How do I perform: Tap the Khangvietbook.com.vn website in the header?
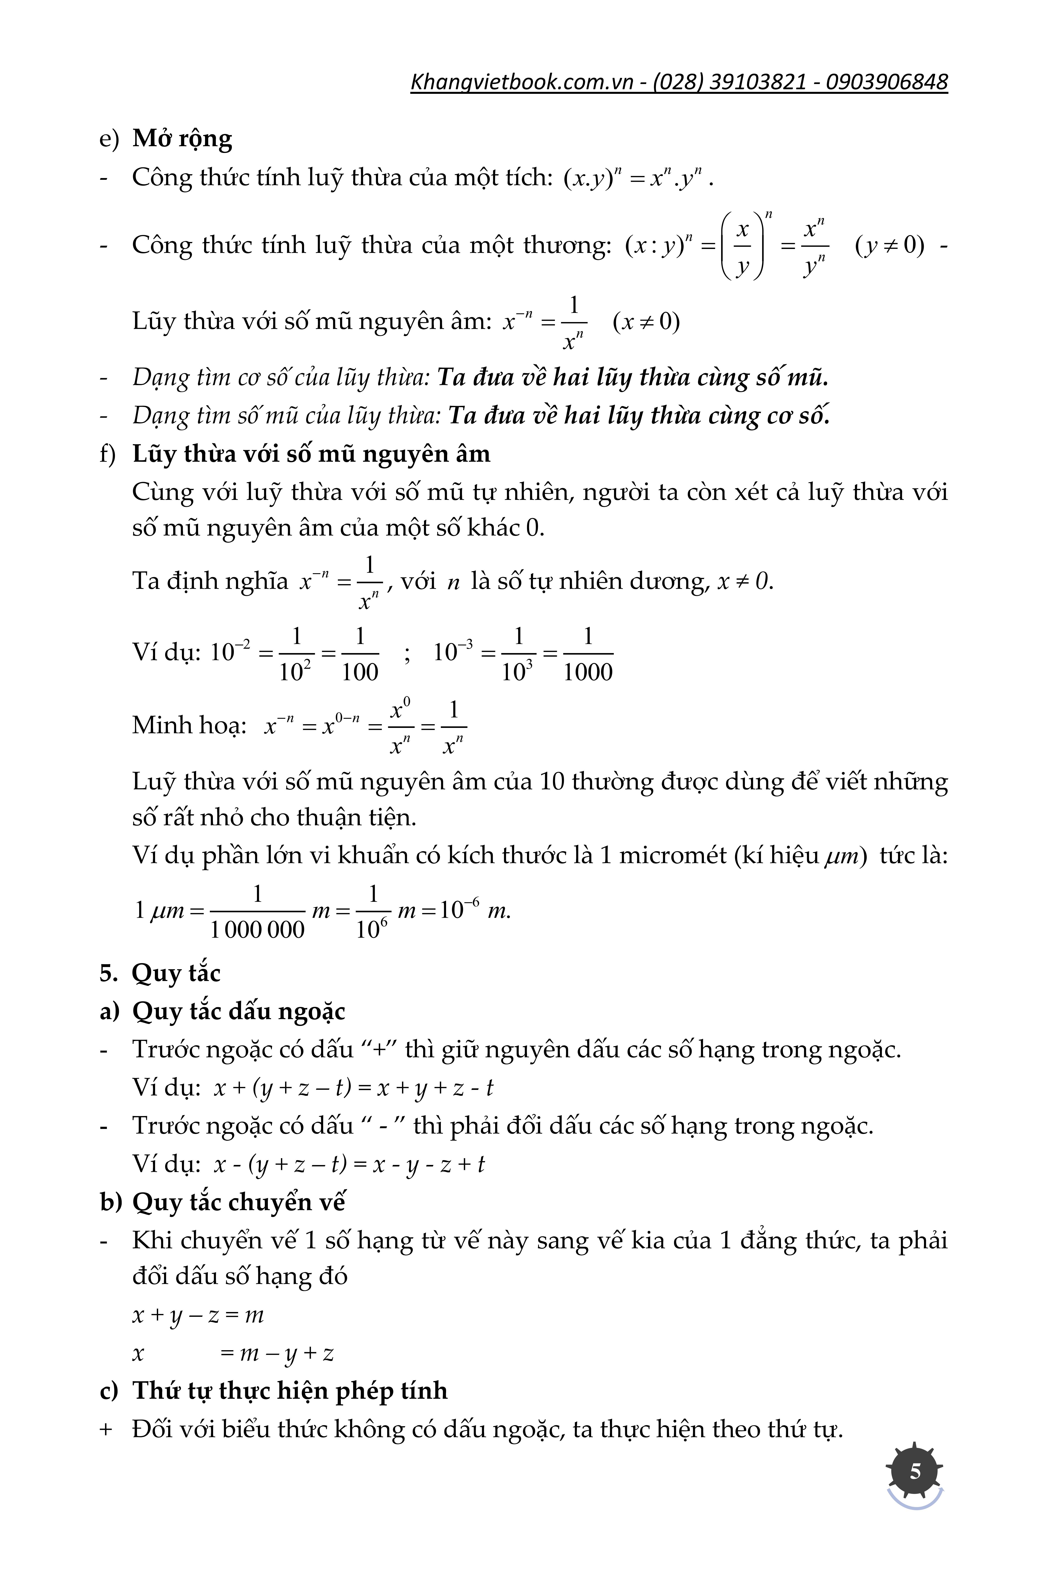tap(522, 82)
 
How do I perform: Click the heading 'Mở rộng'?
tap(182, 138)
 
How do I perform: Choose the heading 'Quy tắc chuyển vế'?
tap(238, 1202)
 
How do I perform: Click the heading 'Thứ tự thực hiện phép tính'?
tap(290, 1391)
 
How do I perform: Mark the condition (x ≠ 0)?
tap(646, 322)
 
